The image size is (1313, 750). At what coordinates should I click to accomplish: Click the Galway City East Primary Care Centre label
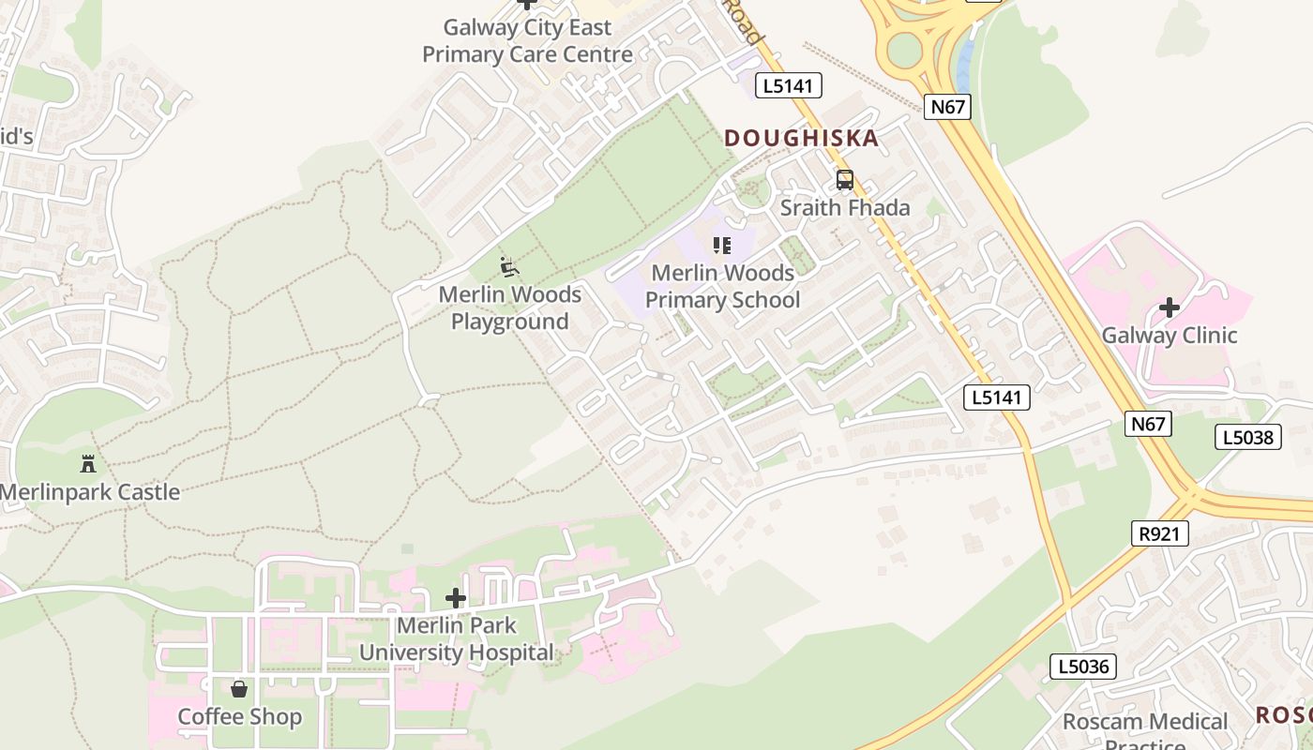pos(527,41)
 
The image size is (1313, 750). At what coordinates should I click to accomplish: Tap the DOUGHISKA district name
pos(801,139)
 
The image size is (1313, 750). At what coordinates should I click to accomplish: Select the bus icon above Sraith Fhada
pos(844,180)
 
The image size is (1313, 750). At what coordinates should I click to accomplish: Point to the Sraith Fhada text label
pos(845,207)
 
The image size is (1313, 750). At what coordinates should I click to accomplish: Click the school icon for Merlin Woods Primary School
pos(721,246)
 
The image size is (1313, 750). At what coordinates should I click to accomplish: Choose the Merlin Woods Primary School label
pos(722,286)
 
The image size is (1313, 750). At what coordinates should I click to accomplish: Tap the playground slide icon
pos(509,268)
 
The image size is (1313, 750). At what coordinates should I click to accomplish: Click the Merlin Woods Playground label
pos(510,307)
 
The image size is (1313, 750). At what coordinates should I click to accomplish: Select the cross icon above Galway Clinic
pos(1169,307)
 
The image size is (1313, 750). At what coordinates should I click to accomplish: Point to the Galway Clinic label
pos(1169,336)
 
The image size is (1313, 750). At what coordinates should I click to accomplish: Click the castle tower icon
pos(88,463)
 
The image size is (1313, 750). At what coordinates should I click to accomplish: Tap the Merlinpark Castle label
pos(90,492)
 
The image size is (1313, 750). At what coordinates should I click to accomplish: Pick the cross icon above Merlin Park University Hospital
pos(456,598)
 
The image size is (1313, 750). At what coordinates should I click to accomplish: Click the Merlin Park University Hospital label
pos(457,638)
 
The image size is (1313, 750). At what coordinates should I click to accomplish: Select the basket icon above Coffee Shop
pos(239,689)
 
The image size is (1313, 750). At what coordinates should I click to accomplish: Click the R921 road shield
pos(1159,533)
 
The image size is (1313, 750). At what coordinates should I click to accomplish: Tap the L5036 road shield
pos(1082,667)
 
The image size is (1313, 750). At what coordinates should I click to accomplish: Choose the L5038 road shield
pos(1247,436)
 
